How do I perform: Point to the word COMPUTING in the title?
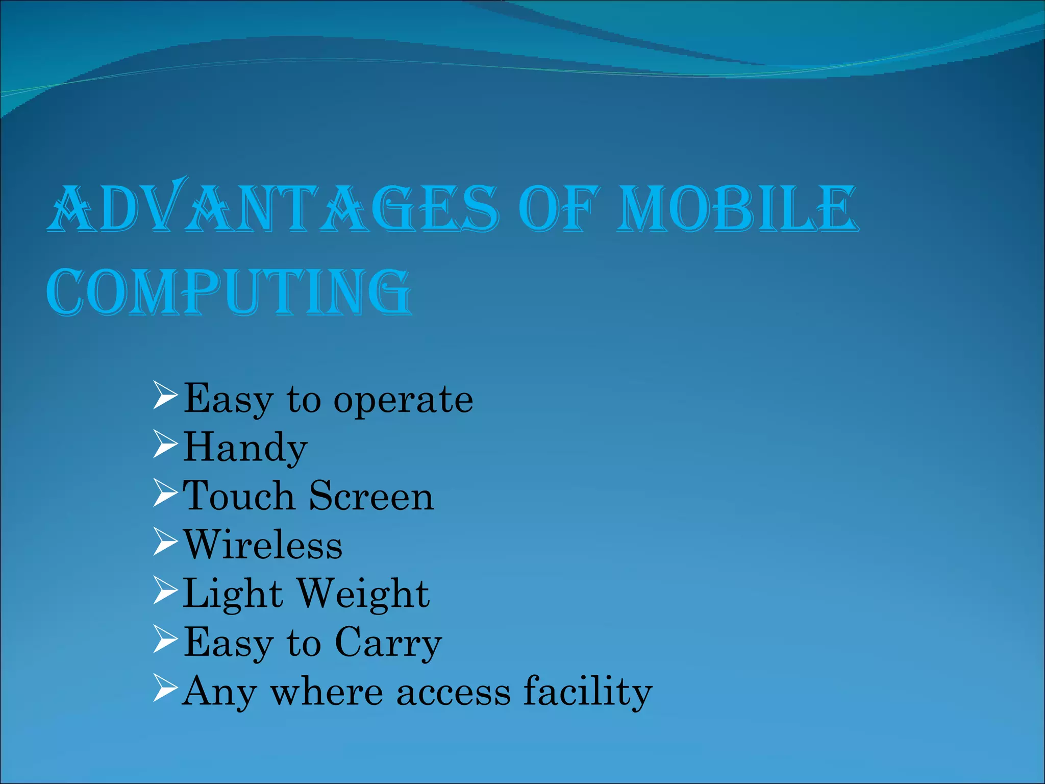[229, 292]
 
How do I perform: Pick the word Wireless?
[263, 545]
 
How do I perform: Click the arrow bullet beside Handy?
[165, 445]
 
